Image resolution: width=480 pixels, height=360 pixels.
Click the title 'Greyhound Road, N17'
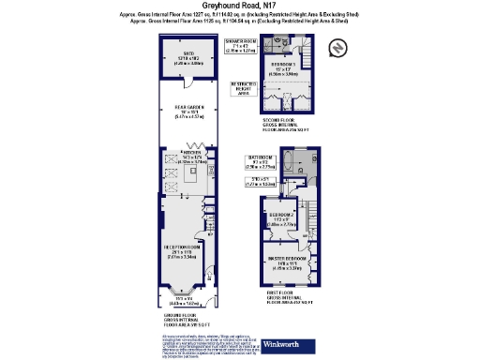coord(240,7)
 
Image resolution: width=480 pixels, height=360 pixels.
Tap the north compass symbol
coord(337,46)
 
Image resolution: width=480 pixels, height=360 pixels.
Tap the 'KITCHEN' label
coord(192,151)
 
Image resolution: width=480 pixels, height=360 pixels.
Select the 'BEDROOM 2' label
coord(281,217)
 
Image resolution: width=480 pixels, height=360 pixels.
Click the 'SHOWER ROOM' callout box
coord(241,45)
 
